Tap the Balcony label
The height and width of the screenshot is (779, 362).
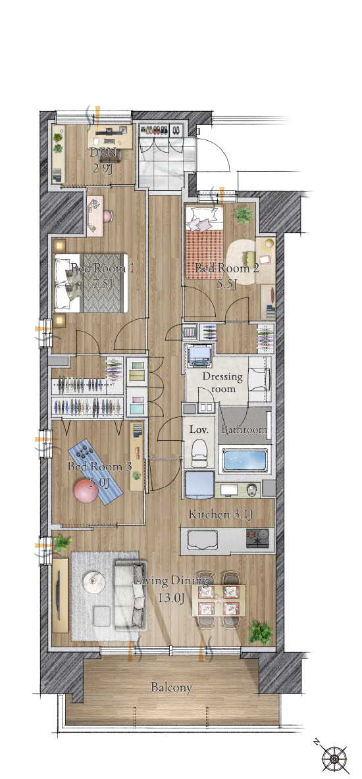tap(171, 688)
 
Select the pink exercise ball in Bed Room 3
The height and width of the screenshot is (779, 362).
tap(84, 491)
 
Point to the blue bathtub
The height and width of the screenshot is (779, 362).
tap(246, 460)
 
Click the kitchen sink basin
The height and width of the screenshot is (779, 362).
tap(201, 540)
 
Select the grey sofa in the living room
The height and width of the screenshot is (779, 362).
tap(130, 595)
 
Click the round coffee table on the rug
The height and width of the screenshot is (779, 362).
tap(93, 582)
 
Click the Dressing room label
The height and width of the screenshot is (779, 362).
tap(222, 382)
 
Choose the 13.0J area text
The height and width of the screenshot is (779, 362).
tap(171, 597)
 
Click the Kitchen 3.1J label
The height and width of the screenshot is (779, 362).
tap(220, 515)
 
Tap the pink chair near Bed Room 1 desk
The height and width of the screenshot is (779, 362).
tap(108, 216)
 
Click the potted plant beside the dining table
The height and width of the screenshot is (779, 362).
tap(261, 632)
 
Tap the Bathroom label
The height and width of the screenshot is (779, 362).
tap(244, 430)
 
